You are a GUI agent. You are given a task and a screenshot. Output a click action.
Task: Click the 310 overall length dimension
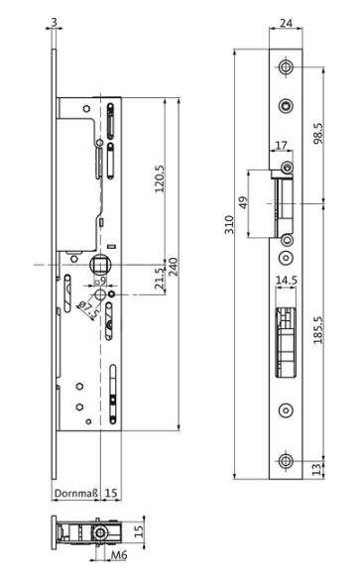click(x=229, y=224)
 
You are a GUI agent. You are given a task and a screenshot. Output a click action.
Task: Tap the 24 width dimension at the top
click(x=286, y=23)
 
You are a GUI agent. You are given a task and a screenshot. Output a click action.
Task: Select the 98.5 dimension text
click(x=318, y=134)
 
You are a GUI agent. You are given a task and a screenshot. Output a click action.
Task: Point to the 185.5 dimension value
click(x=318, y=330)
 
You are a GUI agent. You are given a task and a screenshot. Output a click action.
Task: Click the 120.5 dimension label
click(x=160, y=179)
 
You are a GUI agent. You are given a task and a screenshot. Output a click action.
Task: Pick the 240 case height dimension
click(x=173, y=267)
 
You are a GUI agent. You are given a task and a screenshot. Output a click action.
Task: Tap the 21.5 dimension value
click(x=160, y=279)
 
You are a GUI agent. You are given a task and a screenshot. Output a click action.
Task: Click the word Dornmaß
click(x=76, y=493)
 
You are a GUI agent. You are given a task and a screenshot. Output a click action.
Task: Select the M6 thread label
click(x=119, y=555)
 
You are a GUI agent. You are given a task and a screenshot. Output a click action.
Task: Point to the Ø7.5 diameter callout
click(x=88, y=310)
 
